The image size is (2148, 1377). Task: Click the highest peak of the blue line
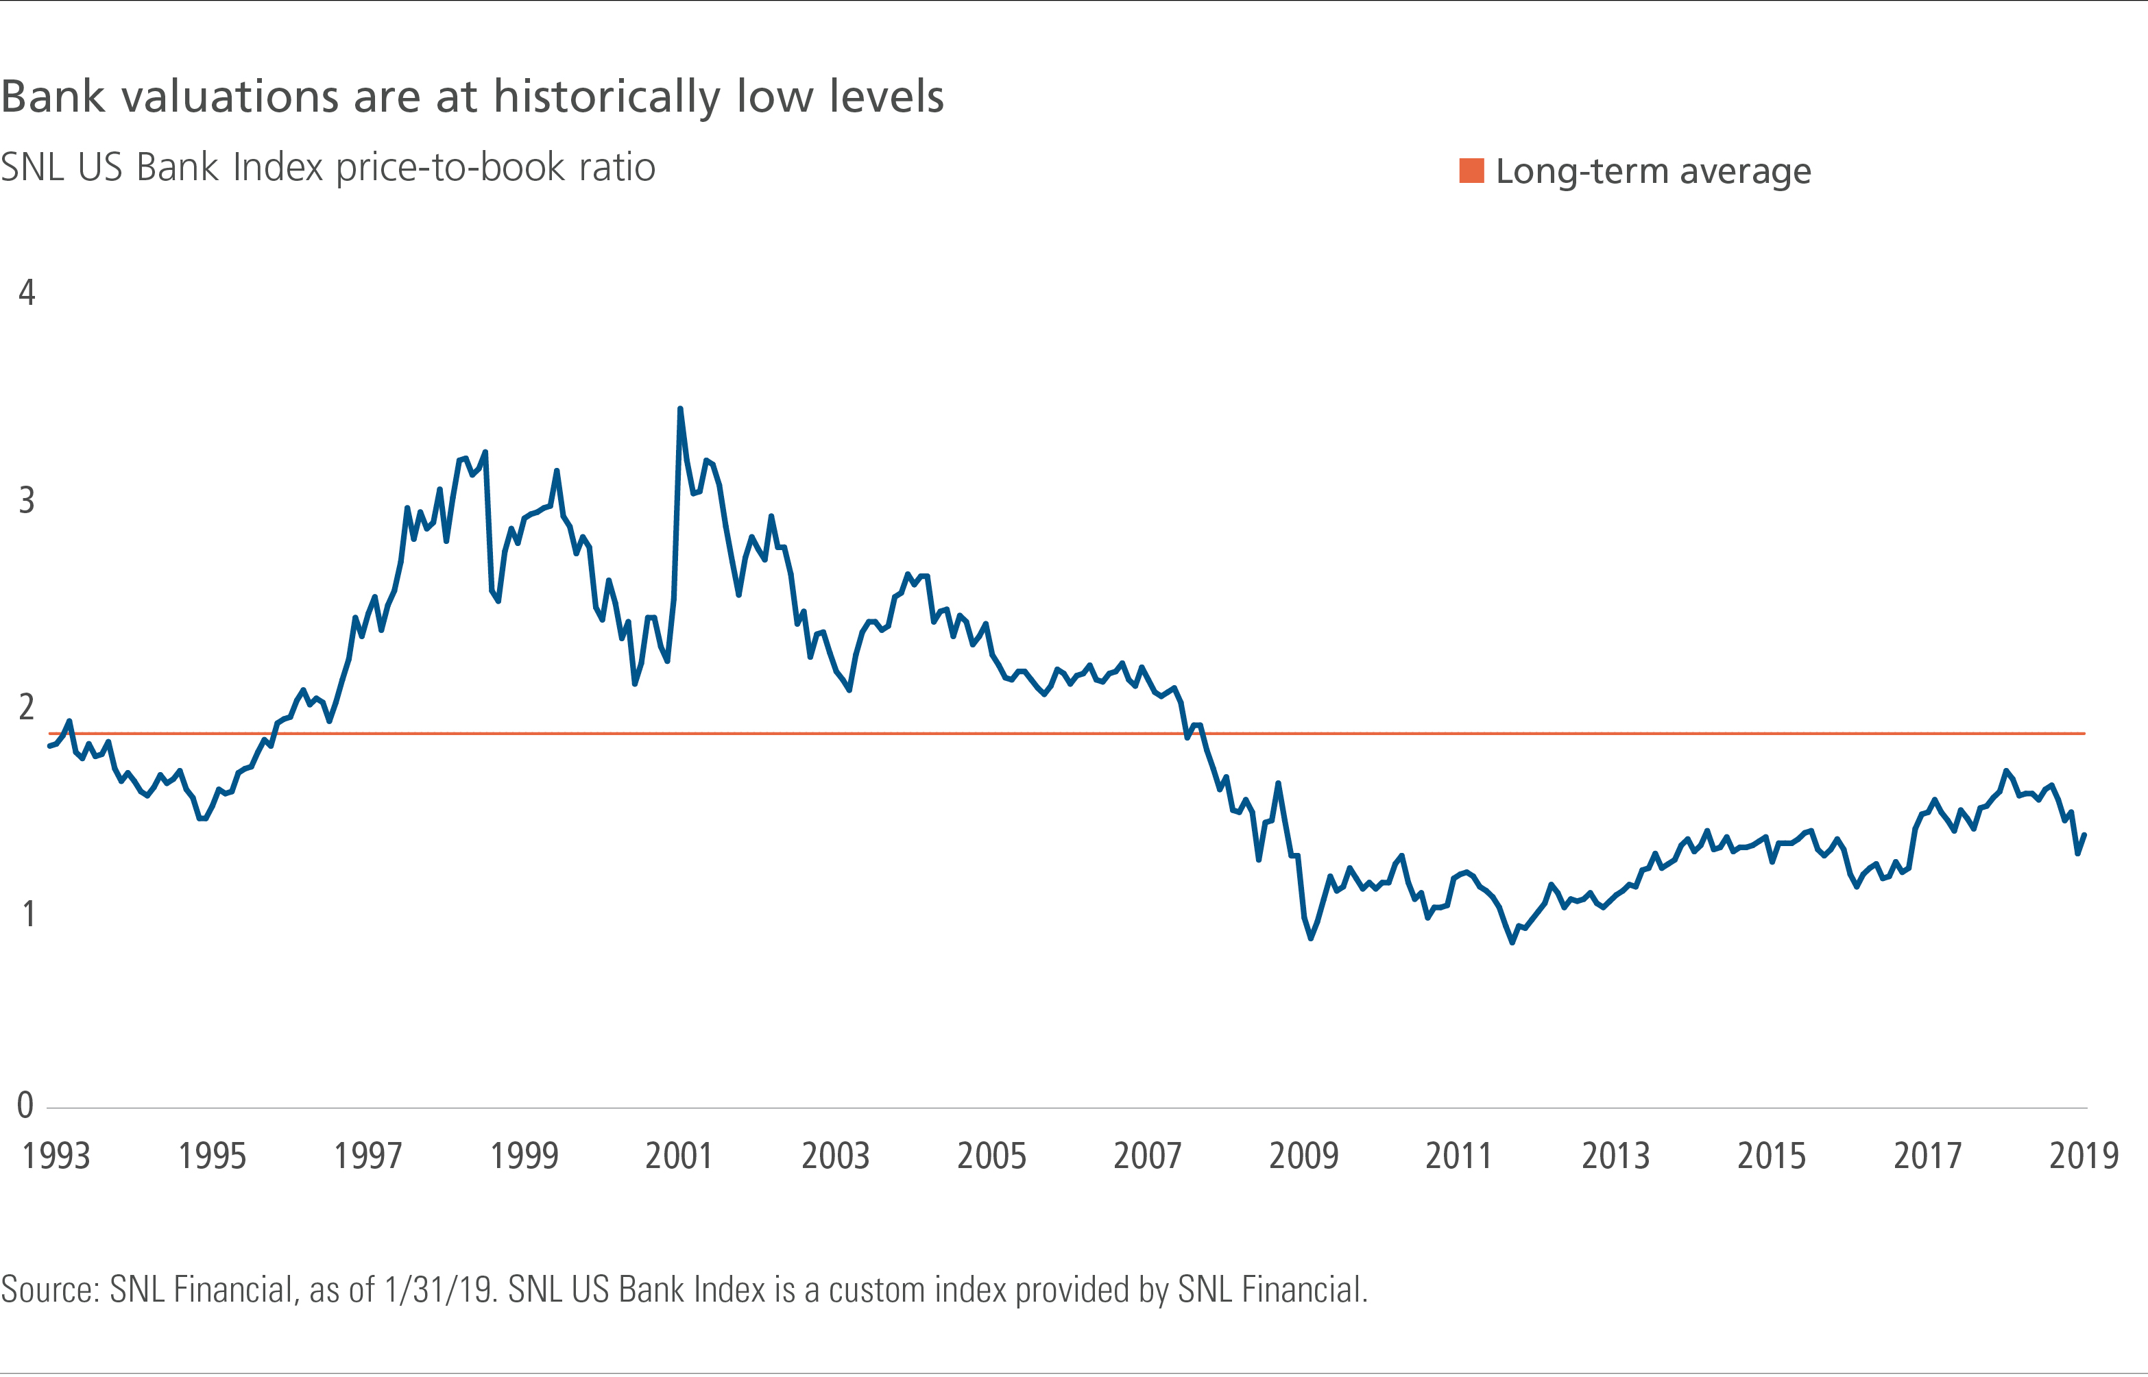tap(680, 410)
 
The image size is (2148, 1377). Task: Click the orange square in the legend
tap(1471, 171)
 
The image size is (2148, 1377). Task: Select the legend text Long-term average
tap(1652, 171)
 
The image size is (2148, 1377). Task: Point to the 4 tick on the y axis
tap(27, 293)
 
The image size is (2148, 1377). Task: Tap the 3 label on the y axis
tap(27, 500)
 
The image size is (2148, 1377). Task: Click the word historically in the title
tap(607, 97)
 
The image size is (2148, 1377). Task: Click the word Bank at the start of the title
tap(53, 97)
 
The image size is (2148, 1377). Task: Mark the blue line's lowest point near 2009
tap(1311, 937)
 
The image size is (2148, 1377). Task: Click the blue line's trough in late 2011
tap(1512, 941)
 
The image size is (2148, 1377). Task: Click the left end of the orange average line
tap(50, 733)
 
